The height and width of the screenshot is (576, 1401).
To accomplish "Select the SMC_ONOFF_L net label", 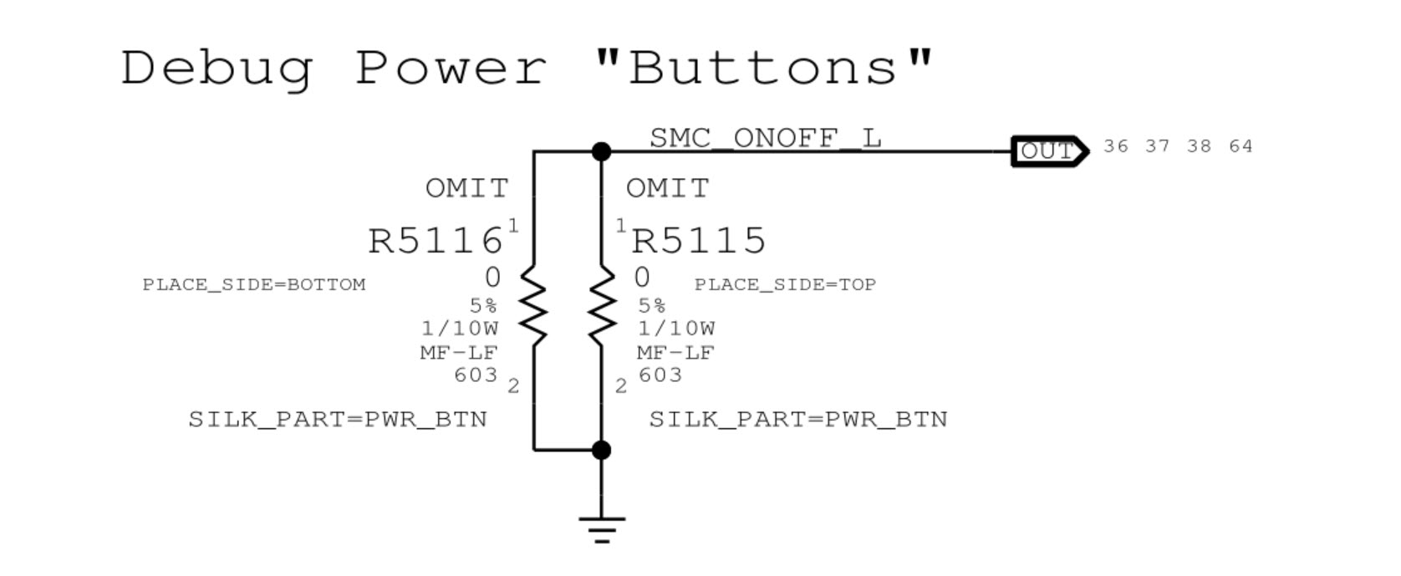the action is coord(766,138).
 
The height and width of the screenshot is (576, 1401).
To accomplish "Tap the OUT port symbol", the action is coord(1050,151).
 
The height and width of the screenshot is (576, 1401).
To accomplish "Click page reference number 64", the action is coord(1241,146).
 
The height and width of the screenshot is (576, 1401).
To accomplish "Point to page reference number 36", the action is coord(1116,146).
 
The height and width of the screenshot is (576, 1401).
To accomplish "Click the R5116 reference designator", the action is coord(436,241).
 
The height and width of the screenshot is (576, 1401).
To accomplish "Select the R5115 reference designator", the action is coord(699,241).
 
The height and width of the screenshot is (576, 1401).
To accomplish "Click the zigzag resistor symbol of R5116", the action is coord(533,304).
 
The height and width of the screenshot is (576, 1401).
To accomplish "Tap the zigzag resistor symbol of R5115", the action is coord(602,304).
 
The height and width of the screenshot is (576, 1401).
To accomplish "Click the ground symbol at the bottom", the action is coord(602,530).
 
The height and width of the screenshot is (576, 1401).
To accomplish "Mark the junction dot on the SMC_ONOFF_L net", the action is coord(601,151).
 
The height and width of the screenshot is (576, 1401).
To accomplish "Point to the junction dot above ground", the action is coord(601,450).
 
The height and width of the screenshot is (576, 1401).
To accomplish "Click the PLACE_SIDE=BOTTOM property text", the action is coord(254,285).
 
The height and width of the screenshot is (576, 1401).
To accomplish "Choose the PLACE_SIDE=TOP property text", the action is coord(785,285).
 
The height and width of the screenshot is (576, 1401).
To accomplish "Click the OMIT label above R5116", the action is coord(467,188).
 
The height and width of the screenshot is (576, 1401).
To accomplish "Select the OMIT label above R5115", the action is coord(667,188).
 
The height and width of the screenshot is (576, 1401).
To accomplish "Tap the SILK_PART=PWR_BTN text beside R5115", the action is coord(798,420).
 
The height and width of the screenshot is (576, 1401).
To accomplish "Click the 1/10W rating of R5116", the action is coord(460,329).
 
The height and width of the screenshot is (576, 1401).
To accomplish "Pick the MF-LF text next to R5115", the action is coord(675,353).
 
